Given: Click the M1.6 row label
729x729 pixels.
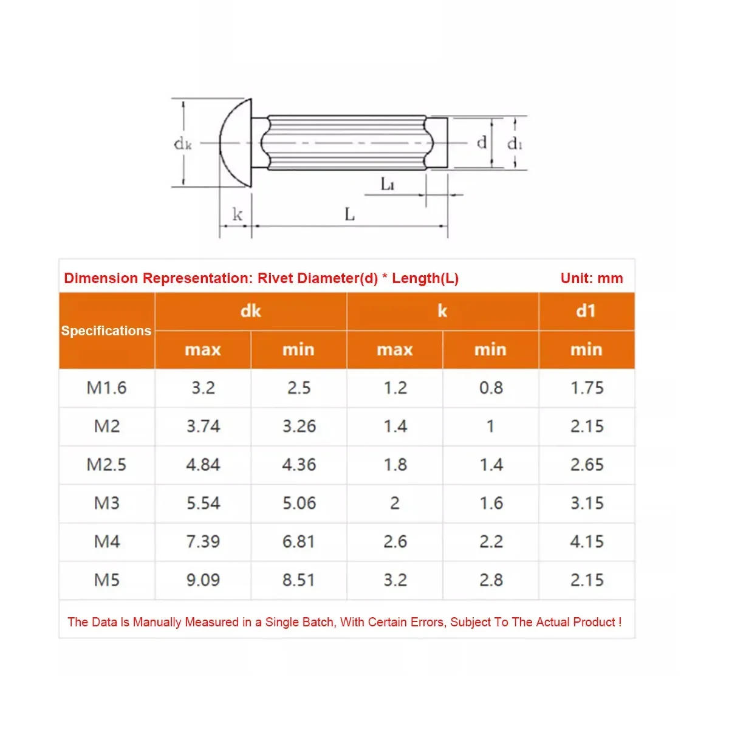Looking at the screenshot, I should tap(107, 388).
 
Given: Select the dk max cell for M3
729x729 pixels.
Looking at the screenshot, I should tap(203, 503).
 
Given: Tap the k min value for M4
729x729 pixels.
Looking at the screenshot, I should tap(491, 541).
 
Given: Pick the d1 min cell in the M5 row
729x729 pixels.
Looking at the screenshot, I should tap(587, 580).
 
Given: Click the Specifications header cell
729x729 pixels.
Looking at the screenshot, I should tap(106, 330).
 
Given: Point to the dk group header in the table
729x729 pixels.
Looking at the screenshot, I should tap(250, 311).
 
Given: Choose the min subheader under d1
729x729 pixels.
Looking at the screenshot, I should tap(586, 349).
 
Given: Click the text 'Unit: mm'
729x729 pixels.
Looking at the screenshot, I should tap(592, 278).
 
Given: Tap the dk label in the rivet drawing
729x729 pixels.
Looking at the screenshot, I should tap(183, 144).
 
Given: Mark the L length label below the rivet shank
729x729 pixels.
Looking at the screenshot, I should tap(349, 214).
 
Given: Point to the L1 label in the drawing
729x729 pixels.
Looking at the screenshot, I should tap(388, 183).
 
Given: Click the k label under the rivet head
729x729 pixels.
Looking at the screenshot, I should tap(237, 214).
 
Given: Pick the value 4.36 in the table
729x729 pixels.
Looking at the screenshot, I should tap(299, 465).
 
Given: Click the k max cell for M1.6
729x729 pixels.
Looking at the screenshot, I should tap(395, 388).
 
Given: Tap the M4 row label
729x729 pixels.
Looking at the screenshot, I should tap(107, 541).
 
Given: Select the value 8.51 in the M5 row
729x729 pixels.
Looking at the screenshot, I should tap(299, 580).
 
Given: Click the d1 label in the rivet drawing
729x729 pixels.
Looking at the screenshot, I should tap(515, 143).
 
